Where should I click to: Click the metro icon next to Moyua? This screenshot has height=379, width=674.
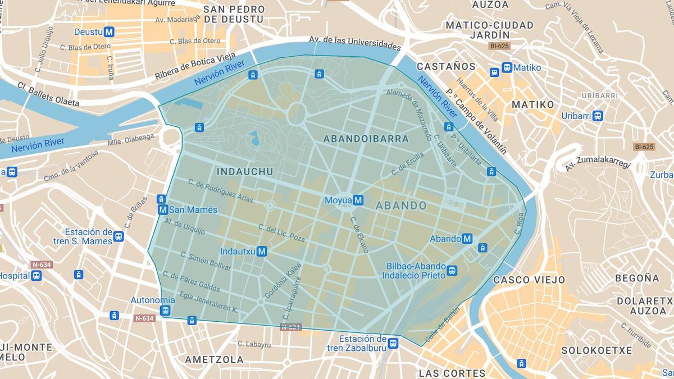358,200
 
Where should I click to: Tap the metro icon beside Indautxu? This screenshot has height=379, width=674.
261,252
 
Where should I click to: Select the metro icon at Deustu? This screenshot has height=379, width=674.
109,32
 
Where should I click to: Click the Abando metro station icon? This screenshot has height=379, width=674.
467,239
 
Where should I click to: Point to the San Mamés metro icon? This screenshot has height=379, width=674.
163,209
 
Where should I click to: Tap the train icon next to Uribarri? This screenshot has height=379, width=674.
598,116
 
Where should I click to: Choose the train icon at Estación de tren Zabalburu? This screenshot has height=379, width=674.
393,343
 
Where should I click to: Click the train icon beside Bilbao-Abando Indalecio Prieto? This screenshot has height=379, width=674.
452,271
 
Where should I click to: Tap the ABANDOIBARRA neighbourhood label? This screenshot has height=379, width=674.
366,138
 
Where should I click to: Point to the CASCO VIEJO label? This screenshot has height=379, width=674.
520,279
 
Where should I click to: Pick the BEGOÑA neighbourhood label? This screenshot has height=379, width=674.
636,278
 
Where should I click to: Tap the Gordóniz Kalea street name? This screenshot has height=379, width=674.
276,281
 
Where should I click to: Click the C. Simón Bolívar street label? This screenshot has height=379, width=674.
206,261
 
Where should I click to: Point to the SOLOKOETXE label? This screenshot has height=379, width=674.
596,350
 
